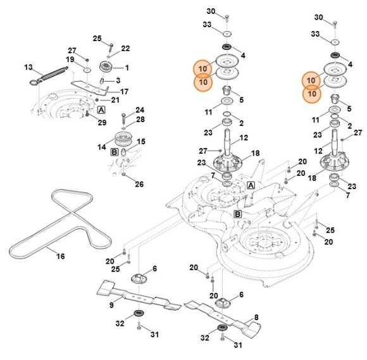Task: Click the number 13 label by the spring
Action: pos(28,66)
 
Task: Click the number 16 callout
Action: pos(61,256)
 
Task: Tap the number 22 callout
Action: pos(125,49)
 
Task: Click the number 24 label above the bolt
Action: pos(140,109)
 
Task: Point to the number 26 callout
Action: pos(139,184)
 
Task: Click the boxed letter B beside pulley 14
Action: pos(115,152)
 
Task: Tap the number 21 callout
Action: pos(115,100)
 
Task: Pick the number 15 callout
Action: pos(141,141)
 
